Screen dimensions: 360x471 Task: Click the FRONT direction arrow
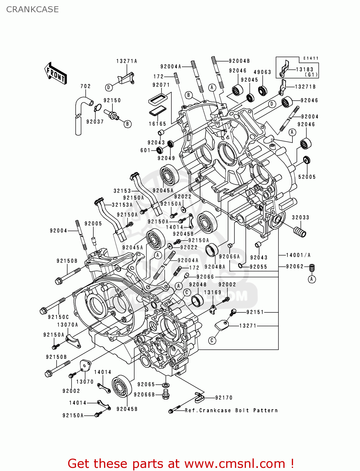coord(55,73)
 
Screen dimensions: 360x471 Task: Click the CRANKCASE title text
coord(32,9)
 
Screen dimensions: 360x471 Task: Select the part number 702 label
coord(85,86)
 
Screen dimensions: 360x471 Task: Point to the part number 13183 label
coord(305,69)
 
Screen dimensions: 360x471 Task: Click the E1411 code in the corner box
coord(311,58)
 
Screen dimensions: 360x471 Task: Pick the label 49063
coord(262,72)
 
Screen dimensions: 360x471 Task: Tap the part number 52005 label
coord(307,177)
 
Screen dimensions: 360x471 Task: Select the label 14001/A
coord(298,255)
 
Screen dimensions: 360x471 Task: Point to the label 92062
coord(295,266)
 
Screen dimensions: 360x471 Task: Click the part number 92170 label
coord(224,398)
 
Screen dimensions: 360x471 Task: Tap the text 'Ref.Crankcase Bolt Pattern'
coord(231,410)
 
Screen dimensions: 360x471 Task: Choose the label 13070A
coord(68,325)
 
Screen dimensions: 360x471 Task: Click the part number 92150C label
coord(58,317)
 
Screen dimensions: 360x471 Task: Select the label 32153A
coord(122,205)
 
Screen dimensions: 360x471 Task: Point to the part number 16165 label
coord(158,124)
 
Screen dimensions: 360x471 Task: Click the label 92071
coord(161,85)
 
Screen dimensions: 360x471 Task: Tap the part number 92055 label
coord(259,267)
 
